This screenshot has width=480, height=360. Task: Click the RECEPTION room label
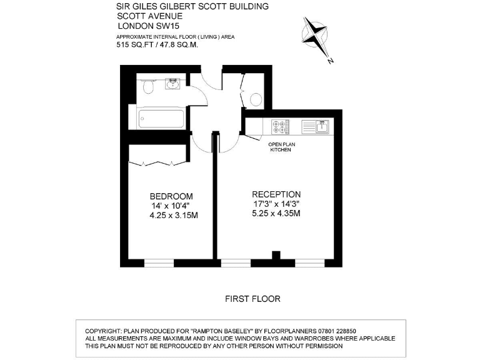pyautogui.click(x=276, y=194)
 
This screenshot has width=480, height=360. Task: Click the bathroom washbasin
pyautogui.click(x=173, y=84)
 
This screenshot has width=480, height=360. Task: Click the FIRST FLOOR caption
pyautogui.click(x=252, y=299)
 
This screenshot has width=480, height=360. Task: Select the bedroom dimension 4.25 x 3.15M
pyautogui.click(x=173, y=216)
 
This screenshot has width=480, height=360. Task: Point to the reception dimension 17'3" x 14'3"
pyautogui.click(x=276, y=204)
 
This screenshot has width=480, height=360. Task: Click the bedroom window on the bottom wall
pyautogui.click(x=159, y=261)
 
